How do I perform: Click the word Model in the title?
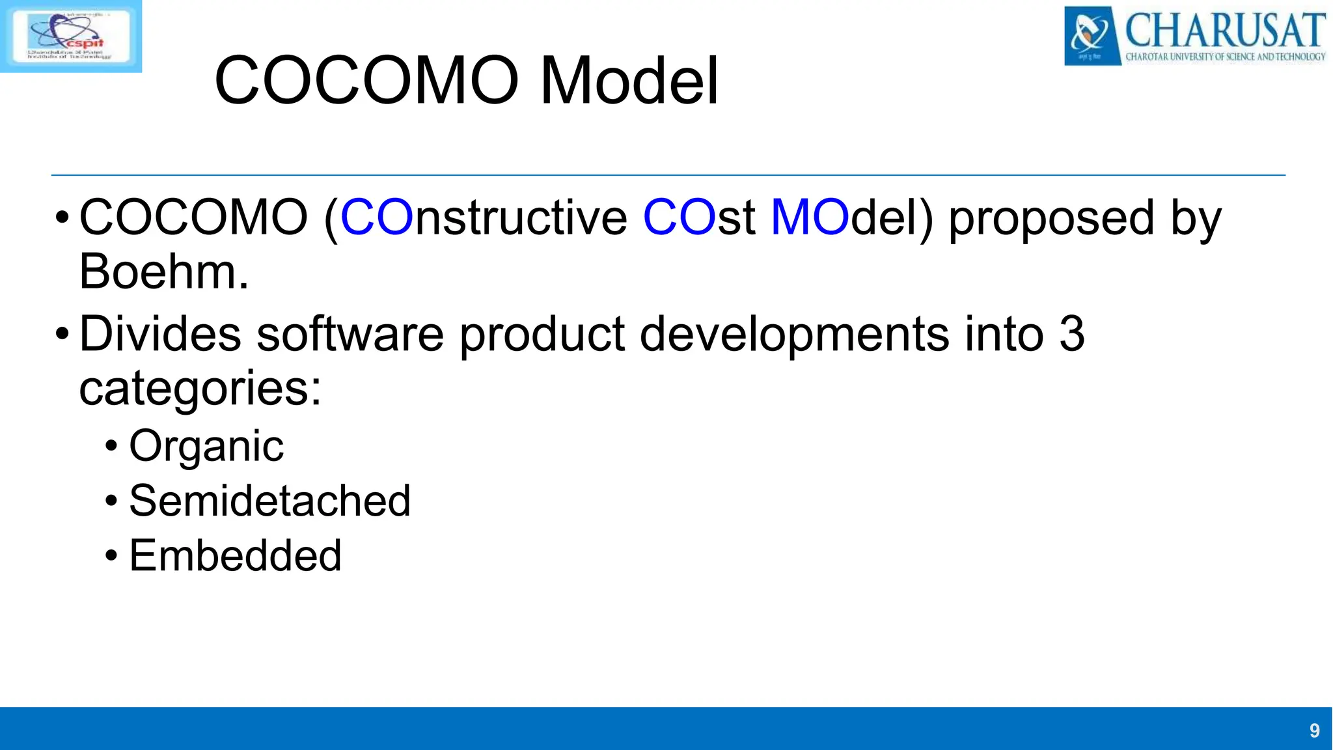click(629, 81)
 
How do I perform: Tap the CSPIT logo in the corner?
click(70, 36)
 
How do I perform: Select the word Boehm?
click(163, 271)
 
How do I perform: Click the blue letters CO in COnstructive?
click(377, 217)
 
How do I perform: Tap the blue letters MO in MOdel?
click(810, 217)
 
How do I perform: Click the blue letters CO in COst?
click(679, 217)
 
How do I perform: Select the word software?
click(350, 333)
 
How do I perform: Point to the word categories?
click(199, 389)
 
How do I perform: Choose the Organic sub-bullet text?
click(206, 447)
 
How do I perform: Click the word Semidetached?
click(269, 501)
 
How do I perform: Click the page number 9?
click(1314, 730)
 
